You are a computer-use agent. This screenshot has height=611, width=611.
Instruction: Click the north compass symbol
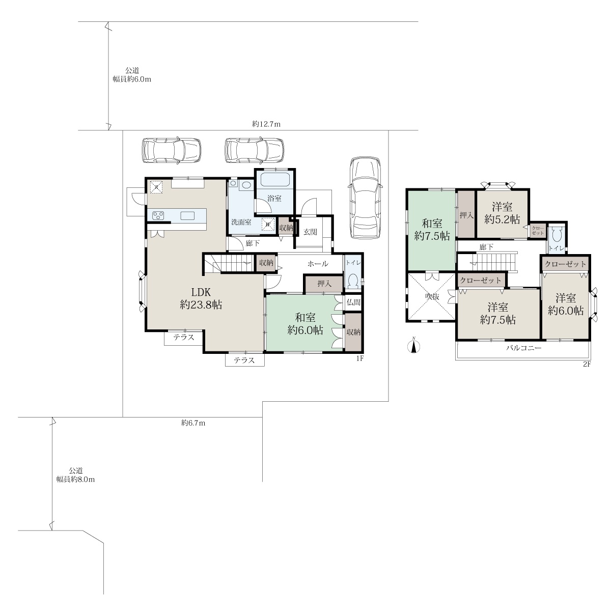[x=413, y=346]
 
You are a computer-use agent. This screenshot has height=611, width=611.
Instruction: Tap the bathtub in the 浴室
[x=275, y=180]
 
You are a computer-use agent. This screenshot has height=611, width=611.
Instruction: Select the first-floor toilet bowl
[x=352, y=281]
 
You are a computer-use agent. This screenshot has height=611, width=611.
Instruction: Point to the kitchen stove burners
[x=158, y=215]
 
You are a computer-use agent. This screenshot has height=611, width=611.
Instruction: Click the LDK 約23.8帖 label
[x=201, y=298]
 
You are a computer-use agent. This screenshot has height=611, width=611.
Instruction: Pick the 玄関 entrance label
[x=310, y=232]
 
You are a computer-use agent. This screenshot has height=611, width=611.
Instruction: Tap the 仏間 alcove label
[x=353, y=302]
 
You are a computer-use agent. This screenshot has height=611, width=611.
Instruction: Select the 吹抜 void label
[x=432, y=297]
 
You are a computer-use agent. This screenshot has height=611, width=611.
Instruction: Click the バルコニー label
[x=524, y=348]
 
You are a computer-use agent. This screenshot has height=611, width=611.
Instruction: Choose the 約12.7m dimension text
[x=266, y=124]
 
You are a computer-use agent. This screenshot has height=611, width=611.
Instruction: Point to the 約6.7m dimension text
[x=193, y=423]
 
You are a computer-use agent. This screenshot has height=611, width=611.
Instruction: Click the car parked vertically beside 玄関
[x=366, y=198]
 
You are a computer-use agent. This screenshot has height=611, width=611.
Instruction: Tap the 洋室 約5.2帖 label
[x=502, y=213]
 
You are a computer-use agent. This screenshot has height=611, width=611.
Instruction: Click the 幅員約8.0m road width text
[x=75, y=480]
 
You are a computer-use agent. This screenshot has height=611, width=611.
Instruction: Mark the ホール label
[x=318, y=263]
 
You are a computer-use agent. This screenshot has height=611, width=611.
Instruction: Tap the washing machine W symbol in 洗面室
[x=268, y=224]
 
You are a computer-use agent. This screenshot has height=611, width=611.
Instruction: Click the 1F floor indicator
[x=359, y=358]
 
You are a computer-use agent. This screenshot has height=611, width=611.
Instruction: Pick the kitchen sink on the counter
[x=187, y=215]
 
